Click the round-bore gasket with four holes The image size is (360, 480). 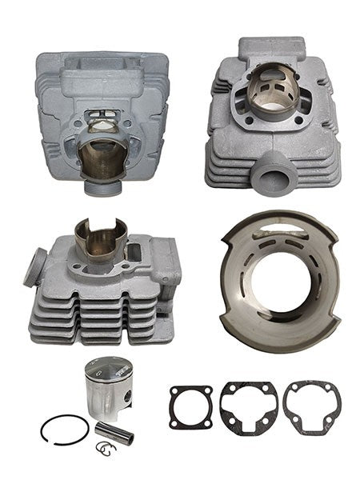coord(190,405)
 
